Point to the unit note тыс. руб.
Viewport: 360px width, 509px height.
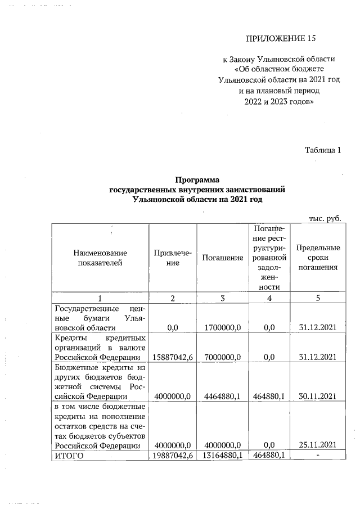326,218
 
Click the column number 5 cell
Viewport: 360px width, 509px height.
318,298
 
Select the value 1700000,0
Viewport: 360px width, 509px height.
222,327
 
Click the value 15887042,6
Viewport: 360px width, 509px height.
173,357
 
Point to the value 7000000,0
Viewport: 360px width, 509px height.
222,357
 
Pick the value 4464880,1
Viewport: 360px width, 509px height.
222,396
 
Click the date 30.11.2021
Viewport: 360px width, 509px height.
318,396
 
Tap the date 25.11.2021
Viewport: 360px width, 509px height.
318,445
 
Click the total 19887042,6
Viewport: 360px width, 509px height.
173,456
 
